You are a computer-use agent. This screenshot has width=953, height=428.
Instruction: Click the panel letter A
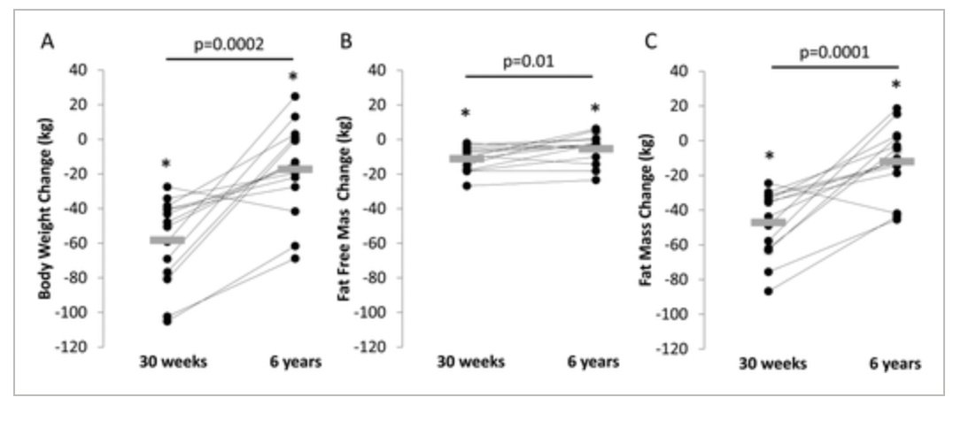(45, 42)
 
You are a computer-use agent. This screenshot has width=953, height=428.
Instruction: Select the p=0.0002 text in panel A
(229, 43)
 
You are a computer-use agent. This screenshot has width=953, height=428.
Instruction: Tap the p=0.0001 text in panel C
(834, 50)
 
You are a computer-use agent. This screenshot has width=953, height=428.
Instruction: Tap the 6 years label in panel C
(896, 364)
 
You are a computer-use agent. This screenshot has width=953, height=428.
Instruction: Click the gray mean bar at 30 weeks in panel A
(167, 240)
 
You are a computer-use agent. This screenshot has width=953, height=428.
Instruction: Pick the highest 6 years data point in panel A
(294, 96)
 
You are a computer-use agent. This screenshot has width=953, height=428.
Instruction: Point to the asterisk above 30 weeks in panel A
(166, 164)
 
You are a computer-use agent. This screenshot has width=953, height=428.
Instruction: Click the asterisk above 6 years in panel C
(895, 86)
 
